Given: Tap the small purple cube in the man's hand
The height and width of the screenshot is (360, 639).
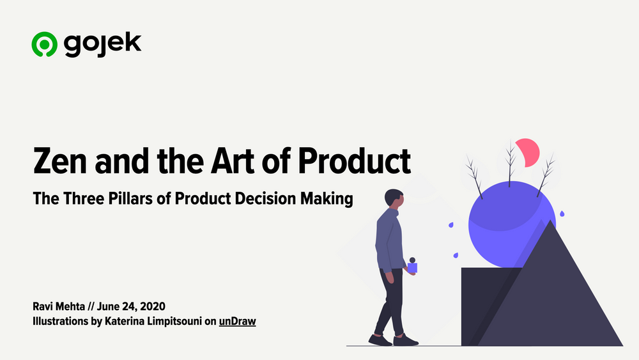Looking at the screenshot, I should coord(413,267).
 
